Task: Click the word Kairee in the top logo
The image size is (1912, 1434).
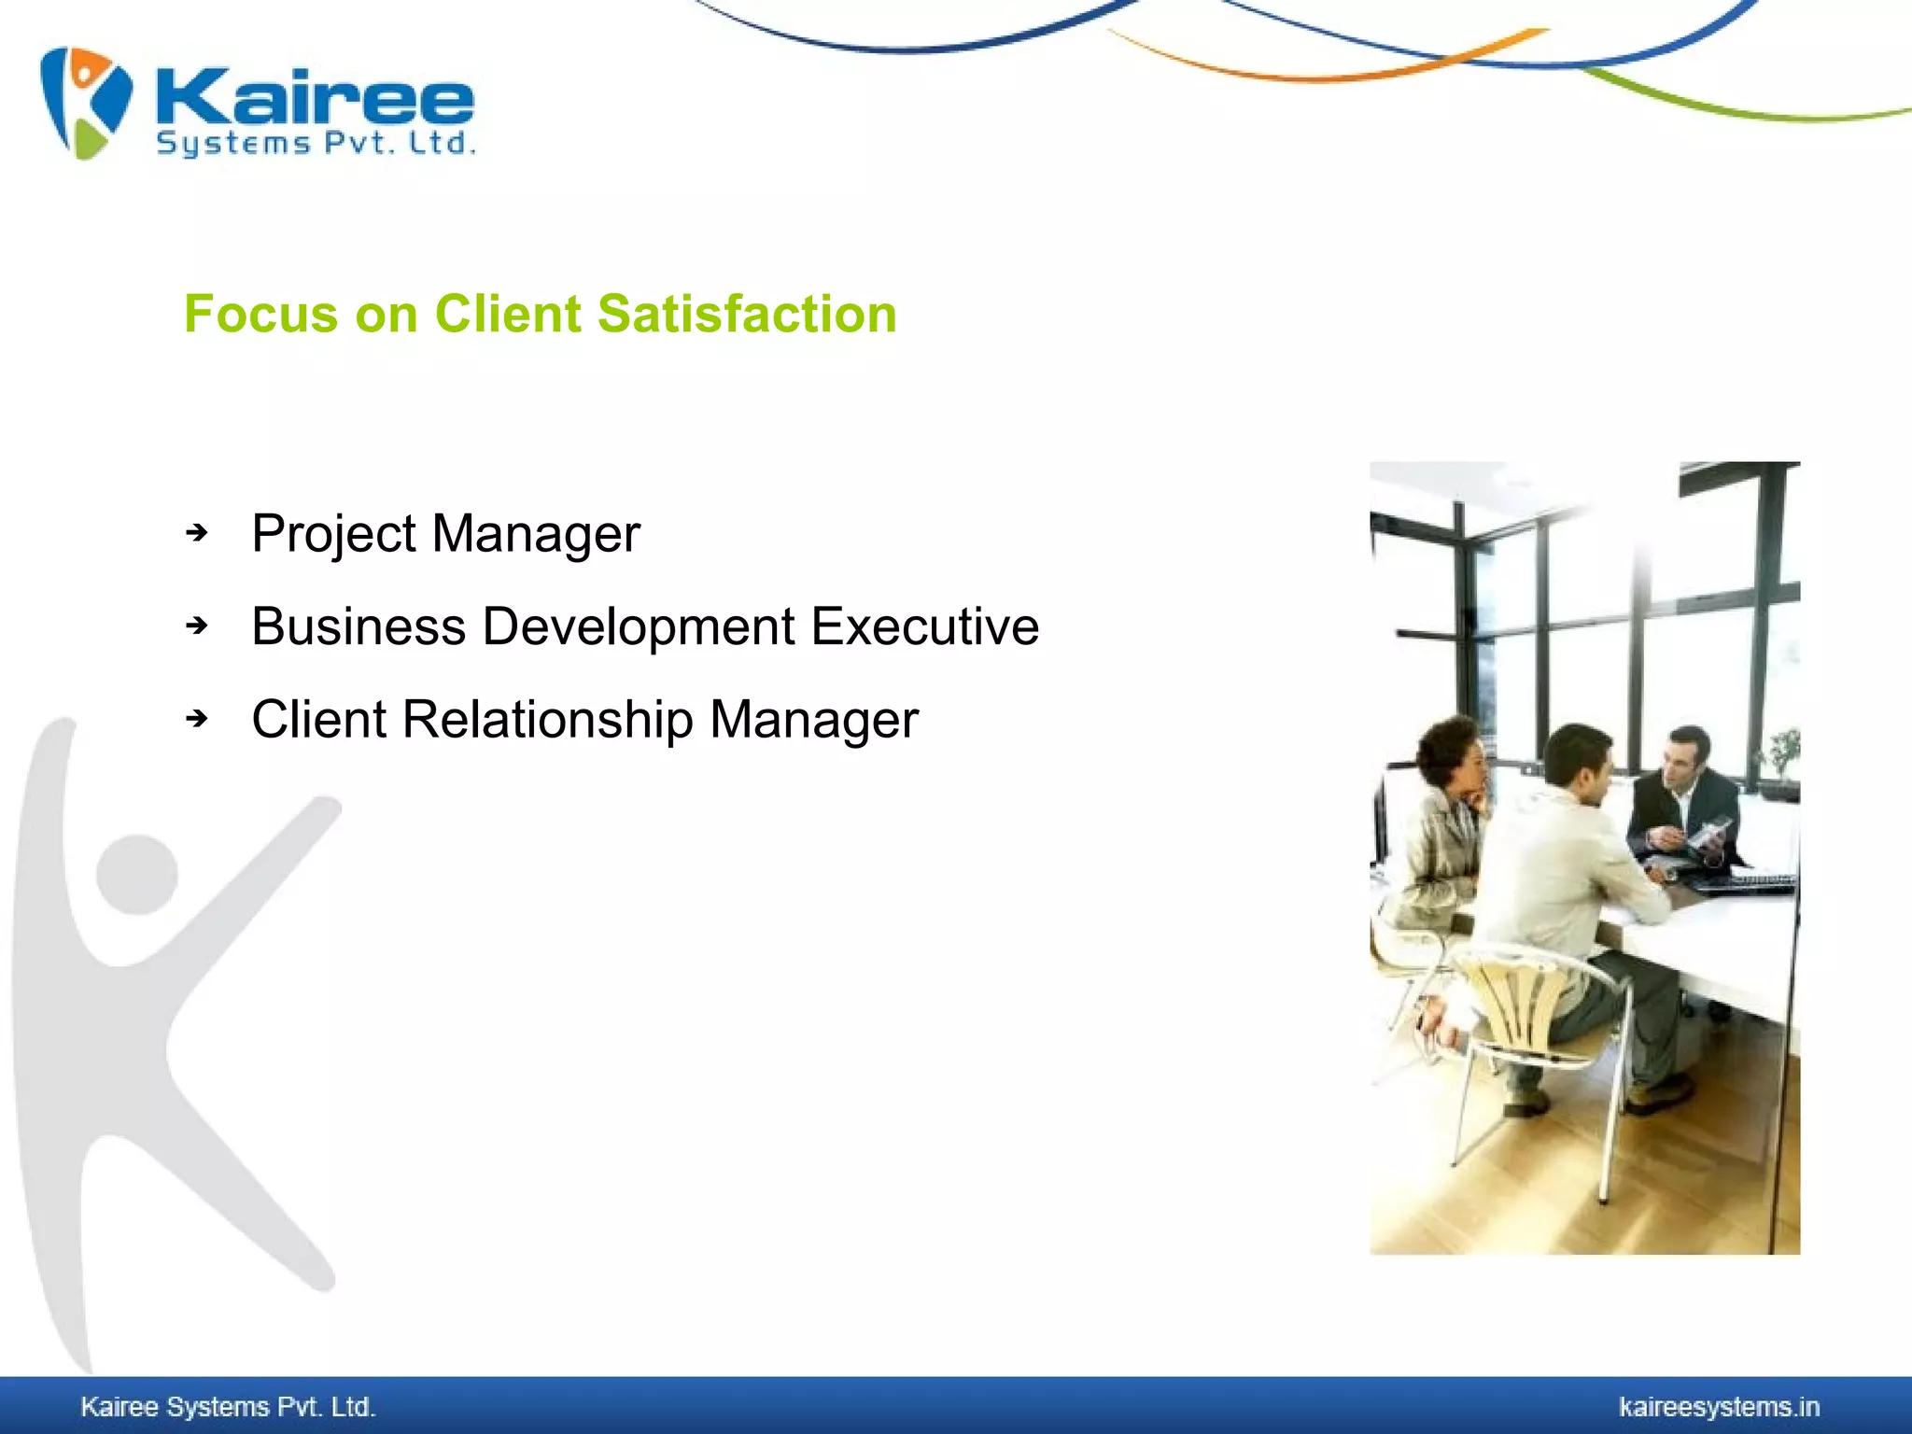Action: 316,97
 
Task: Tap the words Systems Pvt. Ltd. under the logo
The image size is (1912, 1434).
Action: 316,144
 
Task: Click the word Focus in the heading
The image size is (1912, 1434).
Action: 260,314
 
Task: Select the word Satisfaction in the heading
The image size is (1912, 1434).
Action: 747,314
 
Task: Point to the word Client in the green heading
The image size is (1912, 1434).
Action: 508,314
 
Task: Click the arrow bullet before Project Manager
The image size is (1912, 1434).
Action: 196,533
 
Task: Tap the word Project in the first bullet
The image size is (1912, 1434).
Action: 333,535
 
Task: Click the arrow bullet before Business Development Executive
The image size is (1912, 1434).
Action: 196,626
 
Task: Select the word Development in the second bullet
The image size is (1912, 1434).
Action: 639,626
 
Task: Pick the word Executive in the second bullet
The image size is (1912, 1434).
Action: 924,626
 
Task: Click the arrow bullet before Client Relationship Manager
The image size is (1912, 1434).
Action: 196,719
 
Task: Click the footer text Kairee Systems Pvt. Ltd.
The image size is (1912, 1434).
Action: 228,1407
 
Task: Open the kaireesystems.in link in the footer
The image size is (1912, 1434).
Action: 1718,1407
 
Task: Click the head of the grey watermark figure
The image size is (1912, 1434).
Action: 137,874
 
